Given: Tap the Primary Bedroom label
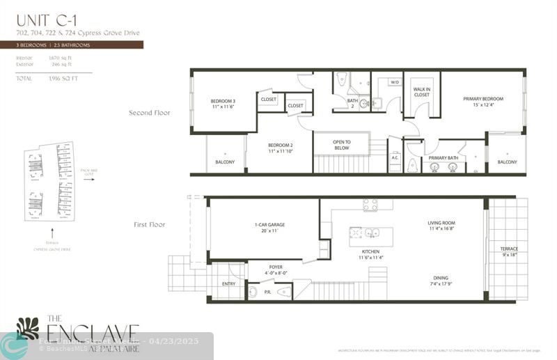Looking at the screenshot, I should (483, 99).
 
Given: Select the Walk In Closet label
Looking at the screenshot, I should (421, 92).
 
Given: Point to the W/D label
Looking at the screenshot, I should (394, 82).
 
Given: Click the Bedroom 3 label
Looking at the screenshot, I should (223, 102).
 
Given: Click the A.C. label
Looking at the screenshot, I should (395, 158).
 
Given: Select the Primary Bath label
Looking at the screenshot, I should (443, 158).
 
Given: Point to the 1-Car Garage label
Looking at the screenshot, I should (268, 225).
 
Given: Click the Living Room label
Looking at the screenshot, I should (441, 224).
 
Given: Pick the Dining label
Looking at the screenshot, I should (441, 277).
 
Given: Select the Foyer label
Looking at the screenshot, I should (275, 265).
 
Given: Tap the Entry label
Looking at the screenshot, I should (228, 284).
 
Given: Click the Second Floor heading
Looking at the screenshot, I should (150, 112).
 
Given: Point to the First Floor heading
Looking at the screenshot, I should (150, 225).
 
